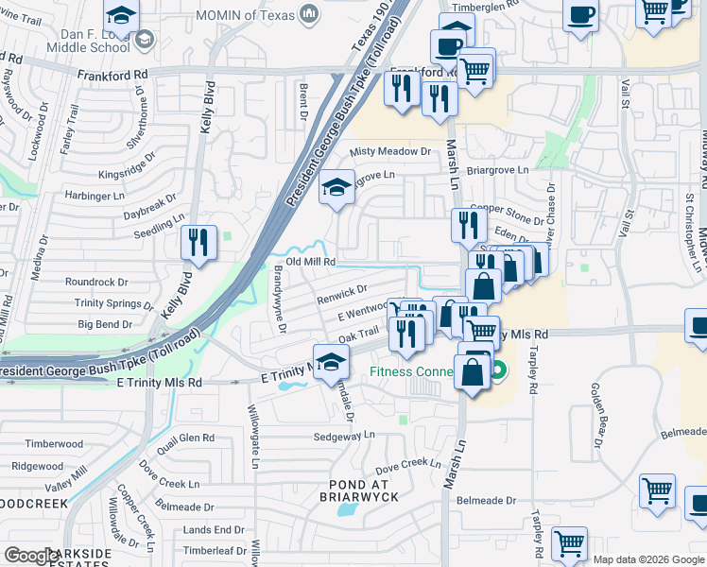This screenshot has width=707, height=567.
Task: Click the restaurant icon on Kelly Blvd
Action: [198, 243]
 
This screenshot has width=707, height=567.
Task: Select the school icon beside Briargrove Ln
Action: [336, 188]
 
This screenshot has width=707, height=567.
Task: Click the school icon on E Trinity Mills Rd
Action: [331, 363]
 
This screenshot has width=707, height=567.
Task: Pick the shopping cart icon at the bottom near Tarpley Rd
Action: [569, 544]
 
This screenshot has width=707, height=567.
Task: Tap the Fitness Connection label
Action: [416, 371]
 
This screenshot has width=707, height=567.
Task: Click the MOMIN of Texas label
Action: [246, 14]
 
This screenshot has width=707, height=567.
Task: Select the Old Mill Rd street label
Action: [311, 261]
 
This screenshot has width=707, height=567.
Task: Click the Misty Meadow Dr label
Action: [390, 151]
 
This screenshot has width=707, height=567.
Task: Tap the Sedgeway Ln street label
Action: [345, 437]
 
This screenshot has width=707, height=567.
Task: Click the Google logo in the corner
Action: [30, 557]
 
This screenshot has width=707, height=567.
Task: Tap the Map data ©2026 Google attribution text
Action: [649, 559]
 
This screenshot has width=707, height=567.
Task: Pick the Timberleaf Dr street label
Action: [215, 550]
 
